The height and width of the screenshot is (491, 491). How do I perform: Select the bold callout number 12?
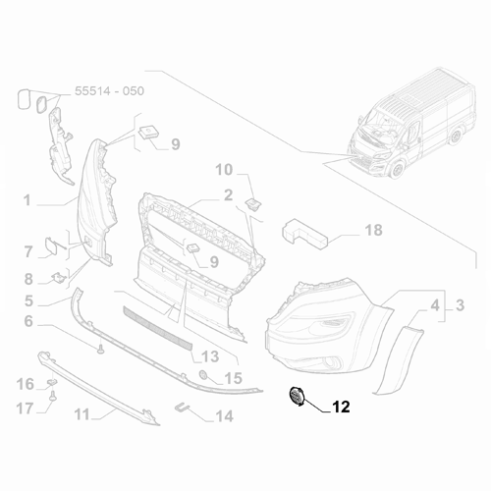[341, 405]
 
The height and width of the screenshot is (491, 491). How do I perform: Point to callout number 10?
[225, 170]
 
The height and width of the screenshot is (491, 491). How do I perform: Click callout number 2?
[228, 194]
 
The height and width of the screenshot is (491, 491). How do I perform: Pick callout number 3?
[457, 307]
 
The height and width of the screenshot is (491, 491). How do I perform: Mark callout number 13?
[210, 356]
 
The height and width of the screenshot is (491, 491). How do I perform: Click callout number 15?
[232, 377]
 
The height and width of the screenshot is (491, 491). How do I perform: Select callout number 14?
[224, 415]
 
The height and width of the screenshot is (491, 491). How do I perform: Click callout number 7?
[28, 252]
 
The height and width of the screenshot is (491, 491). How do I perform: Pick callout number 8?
[28, 278]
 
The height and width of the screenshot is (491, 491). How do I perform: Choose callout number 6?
[28, 321]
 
